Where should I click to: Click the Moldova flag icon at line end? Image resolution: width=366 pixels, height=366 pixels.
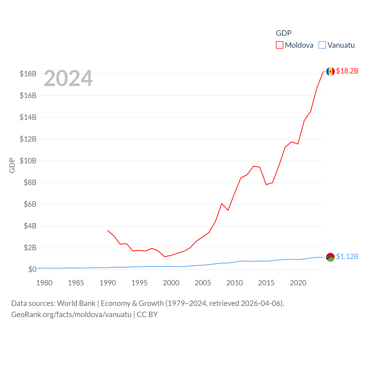coord(330,71)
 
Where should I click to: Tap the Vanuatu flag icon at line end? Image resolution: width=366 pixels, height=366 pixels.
coord(330,257)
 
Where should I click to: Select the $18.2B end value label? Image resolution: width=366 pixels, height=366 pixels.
coord(347,71)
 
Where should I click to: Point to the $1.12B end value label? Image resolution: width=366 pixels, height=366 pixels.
coord(347,256)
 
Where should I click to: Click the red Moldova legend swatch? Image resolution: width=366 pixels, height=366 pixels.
coord(279,45)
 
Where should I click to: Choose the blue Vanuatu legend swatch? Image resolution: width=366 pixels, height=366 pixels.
coord(322,45)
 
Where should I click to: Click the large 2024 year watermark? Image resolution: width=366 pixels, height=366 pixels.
coord(68,78)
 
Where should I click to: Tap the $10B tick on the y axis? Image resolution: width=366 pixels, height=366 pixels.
coord(28,161)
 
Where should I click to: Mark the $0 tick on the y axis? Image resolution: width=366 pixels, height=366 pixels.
coord(32,269)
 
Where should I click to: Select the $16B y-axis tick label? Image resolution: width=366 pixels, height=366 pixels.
coord(28,96)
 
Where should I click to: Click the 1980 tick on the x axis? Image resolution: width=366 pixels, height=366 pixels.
coord(44,283)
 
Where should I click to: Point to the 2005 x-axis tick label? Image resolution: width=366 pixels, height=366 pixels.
coord(203,283)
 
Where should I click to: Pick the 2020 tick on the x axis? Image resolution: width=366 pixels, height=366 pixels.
coord(298,283)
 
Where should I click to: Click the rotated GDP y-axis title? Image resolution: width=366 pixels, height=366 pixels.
coord(12,165)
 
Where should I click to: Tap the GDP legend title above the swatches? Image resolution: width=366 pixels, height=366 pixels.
coord(284,33)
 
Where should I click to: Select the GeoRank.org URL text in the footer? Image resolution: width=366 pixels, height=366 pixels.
coord(71,315)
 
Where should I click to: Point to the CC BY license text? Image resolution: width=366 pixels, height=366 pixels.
coord(147,315)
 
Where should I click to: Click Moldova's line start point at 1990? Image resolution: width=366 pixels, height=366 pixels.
coord(108,230)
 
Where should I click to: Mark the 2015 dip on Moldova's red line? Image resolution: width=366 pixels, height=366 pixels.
coord(266,185)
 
